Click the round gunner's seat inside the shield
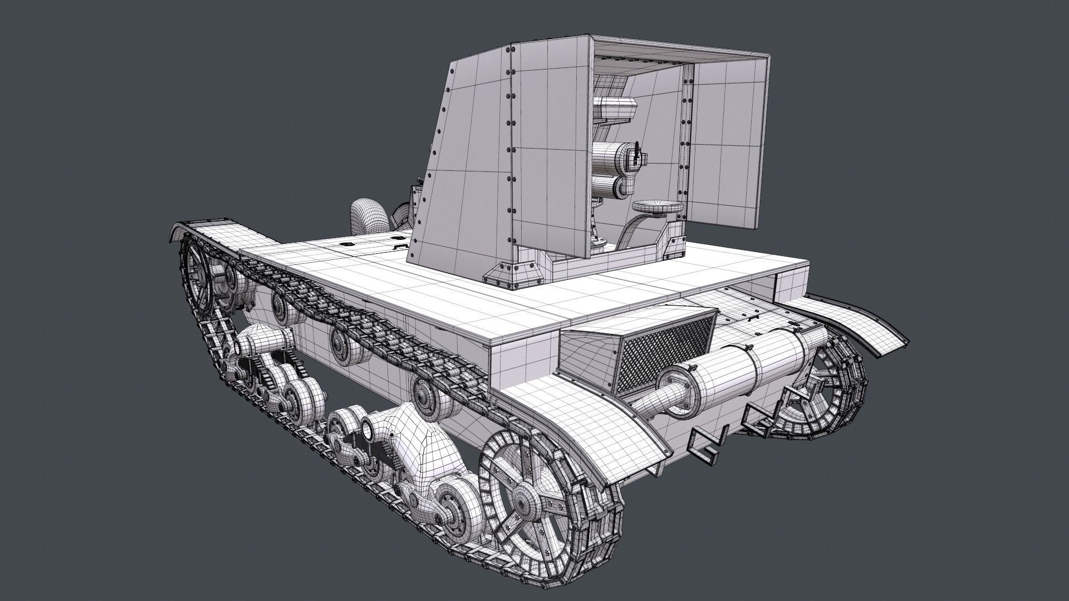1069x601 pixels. [x=657, y=207]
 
